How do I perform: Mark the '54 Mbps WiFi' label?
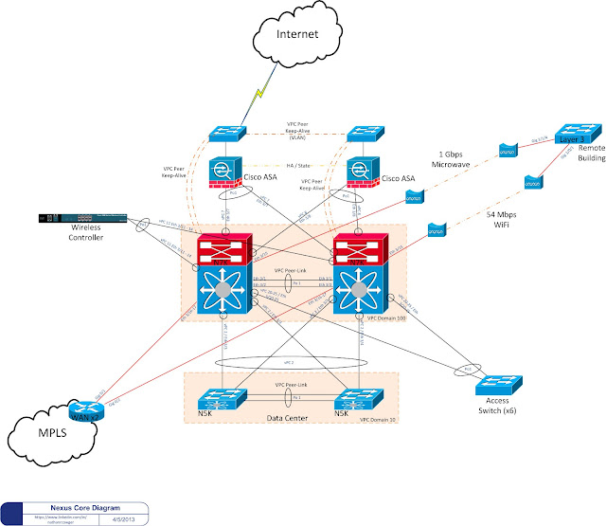point(488,220)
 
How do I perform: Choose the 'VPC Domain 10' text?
point(378,418)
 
